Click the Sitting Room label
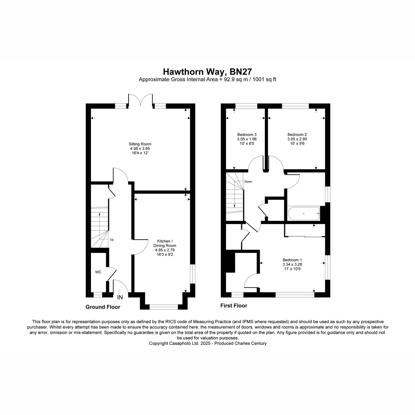(x=140, y=144)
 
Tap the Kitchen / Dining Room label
(x=165, y=243)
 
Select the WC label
(x=98, y=272)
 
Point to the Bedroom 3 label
(x=247, y=135)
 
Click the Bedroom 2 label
(x=297, y=135)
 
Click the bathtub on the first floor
(x=304, y=213)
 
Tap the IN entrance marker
(x=120, y=297)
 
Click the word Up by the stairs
(x=112, y=239)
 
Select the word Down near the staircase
(x=248, y=182)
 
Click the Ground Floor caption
(x=103, y=307)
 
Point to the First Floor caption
(x=234, y=305)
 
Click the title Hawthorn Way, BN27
(x=207, y=72)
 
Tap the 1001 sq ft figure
(x=264, y=80)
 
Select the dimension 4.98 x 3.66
(x=140, y=148)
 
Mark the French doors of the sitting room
(x=140, y=100)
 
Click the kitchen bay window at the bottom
(x=164, y=307)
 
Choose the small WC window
(x=98, y=295)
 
